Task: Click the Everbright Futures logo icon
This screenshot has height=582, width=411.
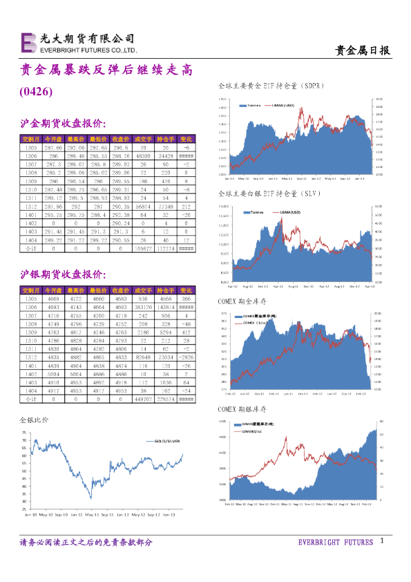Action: pyautogui.click(x=28, y=43)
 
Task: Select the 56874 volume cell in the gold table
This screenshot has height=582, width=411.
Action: pyautogui.click(x=144, y=206)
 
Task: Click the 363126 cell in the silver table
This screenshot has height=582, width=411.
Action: pyautogui.click(x=144, y=306)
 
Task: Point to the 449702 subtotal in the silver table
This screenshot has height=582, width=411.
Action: pyautogui.click(x=144, y=399)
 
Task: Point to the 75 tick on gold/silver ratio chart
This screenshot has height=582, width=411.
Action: pyautogui.click(x=24, y=433)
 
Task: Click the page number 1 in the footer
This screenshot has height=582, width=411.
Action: pyautogui.click(x=381, y=543)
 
